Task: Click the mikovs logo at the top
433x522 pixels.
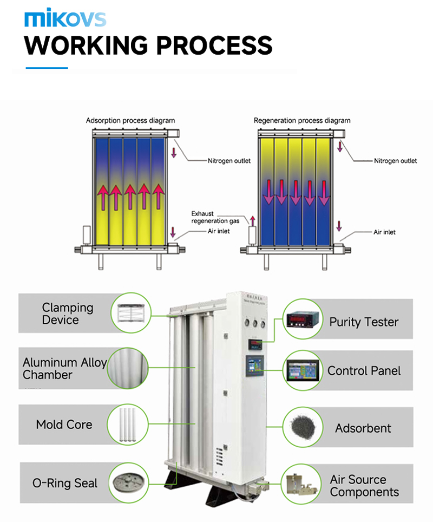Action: tap(65, 18)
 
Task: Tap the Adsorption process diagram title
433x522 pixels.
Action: tap(130, 120)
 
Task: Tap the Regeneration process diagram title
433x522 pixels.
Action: tap(302, 120)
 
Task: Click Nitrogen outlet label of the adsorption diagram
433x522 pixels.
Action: tap(229, 161)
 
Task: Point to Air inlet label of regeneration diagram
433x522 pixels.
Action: tap(384, 232)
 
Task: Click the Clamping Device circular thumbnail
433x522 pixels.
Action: tap(130, 312)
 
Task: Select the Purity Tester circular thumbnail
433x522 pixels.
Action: tap(303, 320)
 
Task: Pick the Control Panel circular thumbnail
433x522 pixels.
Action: tap(303, 371)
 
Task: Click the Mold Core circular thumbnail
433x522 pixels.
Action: tap(130, 424)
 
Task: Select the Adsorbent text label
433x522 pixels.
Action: tap(363, 428)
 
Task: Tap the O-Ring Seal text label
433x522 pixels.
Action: tap(65, 483)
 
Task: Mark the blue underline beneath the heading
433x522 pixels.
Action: tap(47, 68)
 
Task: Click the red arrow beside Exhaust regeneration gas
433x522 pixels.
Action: tap(252, 219)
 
